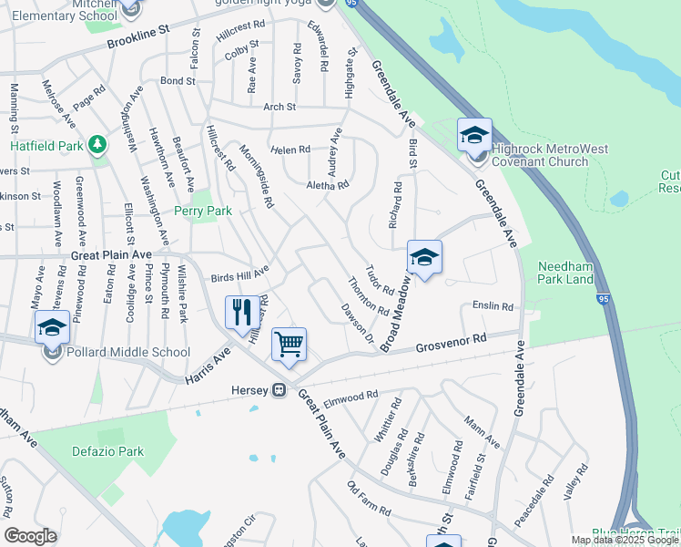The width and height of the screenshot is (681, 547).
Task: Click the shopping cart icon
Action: tap(289, 346)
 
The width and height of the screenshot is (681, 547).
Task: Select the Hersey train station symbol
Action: tap(280, 390)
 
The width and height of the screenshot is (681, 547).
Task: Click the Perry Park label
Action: tap(204, 212)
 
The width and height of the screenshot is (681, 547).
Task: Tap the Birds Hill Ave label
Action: tap(240, 273)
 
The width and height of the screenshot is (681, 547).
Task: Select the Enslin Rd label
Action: tap(493, 307)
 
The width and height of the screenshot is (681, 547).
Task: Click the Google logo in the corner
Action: tap(30, 536)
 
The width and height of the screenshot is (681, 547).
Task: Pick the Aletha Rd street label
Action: tap(328, 184)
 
